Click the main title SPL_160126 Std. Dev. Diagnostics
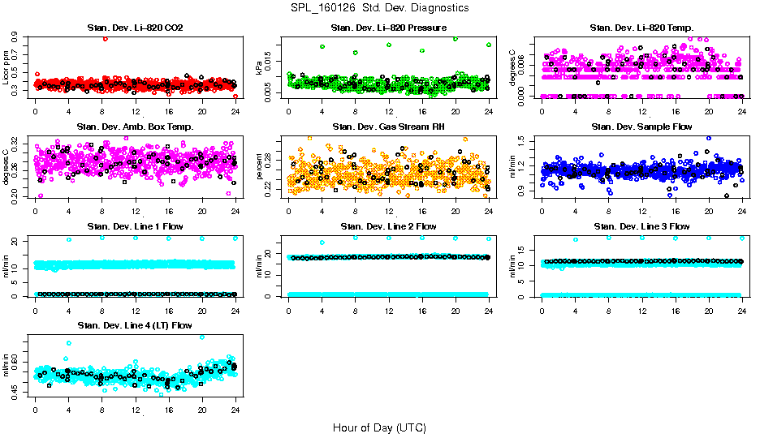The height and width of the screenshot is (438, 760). coord(379,7)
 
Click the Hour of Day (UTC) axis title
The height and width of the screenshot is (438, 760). coord(379,427)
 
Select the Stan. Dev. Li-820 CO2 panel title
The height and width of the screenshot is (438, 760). coord(135,28)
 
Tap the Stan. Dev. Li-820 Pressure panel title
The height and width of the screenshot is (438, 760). coord(388,28)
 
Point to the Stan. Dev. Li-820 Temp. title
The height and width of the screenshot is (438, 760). coord(641,28)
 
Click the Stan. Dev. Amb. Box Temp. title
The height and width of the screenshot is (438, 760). coord(135,127)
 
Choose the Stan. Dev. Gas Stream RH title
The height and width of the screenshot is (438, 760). coord(388,127)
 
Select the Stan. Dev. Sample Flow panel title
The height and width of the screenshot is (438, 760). coord(641,127)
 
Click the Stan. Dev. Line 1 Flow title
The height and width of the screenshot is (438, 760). coord(135,226)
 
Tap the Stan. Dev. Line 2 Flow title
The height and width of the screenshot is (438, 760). coord(388,226)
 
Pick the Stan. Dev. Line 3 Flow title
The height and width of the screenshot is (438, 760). coord(641,226)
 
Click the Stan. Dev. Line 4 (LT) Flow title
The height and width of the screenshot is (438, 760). coord(135,325)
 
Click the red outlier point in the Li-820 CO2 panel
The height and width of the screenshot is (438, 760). coord(105,39)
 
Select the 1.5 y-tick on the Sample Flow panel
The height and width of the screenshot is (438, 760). coord(522,141)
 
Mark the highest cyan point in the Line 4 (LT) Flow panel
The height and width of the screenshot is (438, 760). coord(202,337)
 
